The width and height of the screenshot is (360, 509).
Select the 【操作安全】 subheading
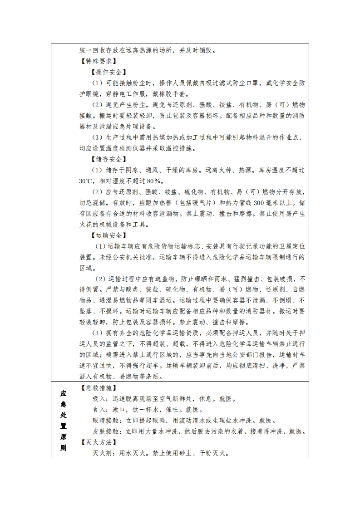pos(108,72)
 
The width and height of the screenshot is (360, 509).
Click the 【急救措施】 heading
pos(98,388)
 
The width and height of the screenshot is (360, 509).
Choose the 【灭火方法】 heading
pos(98,442)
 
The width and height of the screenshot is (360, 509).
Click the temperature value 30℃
pos(85,181)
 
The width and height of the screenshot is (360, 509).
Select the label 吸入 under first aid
pos(99,399)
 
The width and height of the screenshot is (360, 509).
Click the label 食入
pos(99,410)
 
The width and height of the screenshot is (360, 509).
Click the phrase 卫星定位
pos(289,246)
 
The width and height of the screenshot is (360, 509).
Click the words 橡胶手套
pos(168,94)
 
